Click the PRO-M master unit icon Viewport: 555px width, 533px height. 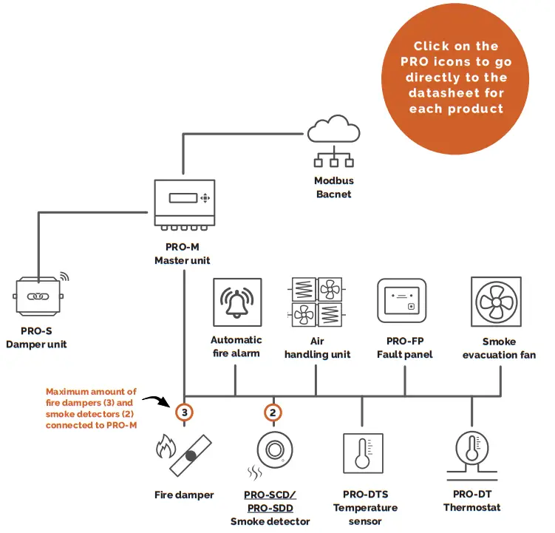[x=184, y=203]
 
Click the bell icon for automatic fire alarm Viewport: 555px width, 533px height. [x=236, y=302]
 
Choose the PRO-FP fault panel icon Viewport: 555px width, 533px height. [x=402, y=302]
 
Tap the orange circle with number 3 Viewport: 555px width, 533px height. [x=185, y=411]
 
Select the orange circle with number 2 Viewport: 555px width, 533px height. [x=273, y=411]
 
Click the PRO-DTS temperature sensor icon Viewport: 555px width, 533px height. [x=361, y=452]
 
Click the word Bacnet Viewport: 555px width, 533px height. [x=333, y=194]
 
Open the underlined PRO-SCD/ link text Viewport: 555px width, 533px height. [x=273, y=494]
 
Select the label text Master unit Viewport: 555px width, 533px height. [x=183, y=260]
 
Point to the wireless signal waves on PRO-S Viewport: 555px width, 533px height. [x=64, y=276]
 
